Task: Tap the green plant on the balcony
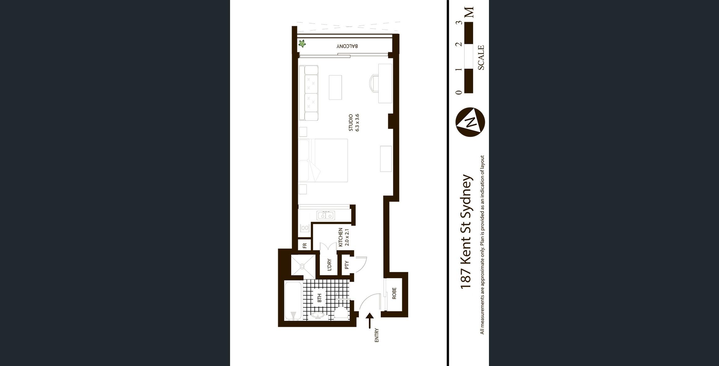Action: (x=302, y=44)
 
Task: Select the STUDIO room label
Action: (x=351, y=123)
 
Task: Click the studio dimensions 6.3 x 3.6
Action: (x=357, y=123)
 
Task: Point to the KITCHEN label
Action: (x=341, y=237)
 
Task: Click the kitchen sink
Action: (x=326, y=215)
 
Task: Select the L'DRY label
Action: (x=329, y=265)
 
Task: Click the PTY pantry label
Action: (x=347, y=265)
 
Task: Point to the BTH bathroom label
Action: (x=319, y=298)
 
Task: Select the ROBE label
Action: (x=394, y=293)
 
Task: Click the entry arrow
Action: (x=370, y=321)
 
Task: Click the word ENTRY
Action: (x=377, y=335)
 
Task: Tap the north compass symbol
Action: (x=470, y=122)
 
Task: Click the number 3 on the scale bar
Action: (x=459, y=23)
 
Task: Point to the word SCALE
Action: (x=481, y=58)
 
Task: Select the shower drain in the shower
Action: (x=302, y=266)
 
